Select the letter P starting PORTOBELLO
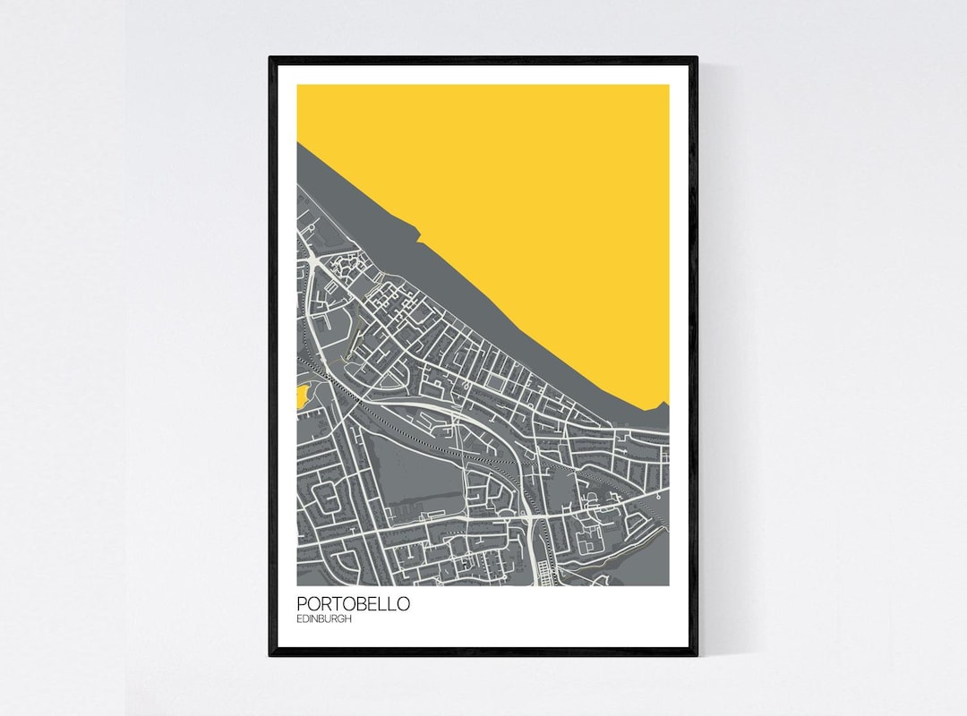pos(302,604)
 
